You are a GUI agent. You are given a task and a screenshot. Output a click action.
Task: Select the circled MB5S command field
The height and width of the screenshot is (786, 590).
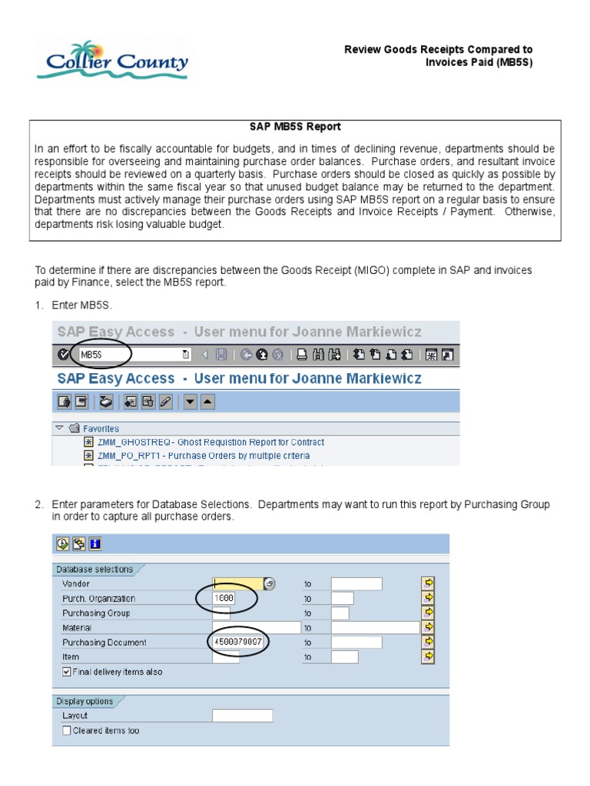tap(131, 355)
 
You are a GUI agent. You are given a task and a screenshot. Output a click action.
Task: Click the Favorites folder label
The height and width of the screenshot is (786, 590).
tap(101, 428)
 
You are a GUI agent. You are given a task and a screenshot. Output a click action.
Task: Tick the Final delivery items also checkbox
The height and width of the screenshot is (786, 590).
tap(67, 672)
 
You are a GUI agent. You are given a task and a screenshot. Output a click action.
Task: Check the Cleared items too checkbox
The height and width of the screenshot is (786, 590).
tap(67, 731)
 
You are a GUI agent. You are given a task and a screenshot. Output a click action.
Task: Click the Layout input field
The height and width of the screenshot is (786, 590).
tap(242, 715)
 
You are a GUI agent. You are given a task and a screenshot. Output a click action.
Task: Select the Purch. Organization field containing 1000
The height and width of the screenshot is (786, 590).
tap(225, 598)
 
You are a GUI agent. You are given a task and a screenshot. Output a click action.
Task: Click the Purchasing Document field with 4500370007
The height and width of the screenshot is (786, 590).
tap(238, 642)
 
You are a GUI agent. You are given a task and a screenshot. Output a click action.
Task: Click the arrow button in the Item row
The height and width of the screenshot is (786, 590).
tap(429, 656)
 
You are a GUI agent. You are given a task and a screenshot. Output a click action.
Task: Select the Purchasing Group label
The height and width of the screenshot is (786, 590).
tap(96, 613)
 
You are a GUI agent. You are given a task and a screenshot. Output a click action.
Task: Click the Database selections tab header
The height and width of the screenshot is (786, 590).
tap(94, 570)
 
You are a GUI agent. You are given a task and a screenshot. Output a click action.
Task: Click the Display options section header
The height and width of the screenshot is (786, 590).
tap(85, 701)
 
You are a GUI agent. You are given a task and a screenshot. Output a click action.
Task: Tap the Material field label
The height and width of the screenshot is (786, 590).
tap(77, 628)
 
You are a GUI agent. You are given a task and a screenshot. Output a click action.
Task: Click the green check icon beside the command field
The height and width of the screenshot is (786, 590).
tap(63, 355)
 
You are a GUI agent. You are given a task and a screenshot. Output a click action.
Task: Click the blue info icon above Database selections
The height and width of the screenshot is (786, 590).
tap(95, 544)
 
